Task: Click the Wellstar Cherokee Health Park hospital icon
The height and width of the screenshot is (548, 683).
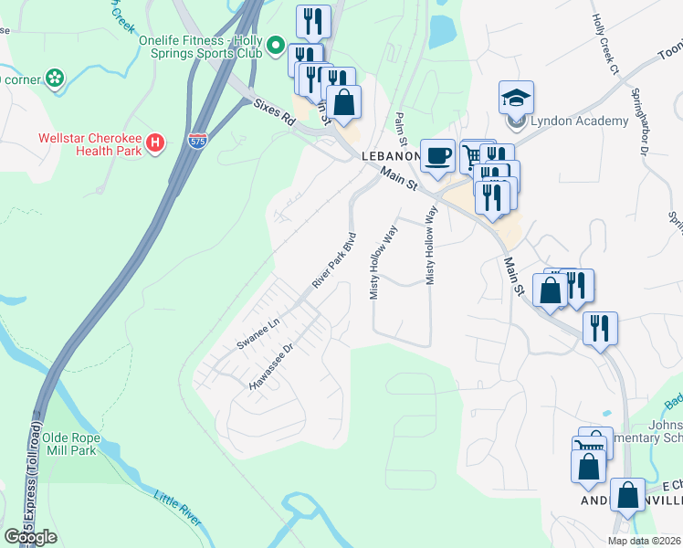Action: (155, 143)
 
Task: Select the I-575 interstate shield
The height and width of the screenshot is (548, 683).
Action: (197, 140)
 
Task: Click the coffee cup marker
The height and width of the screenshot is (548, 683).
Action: (437, 154)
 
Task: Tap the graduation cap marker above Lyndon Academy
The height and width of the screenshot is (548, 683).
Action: (516, 97)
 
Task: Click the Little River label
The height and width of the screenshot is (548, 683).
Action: (177, 508)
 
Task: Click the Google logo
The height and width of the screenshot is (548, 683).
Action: (30, 536)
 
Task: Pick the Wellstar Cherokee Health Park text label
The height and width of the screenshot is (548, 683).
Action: (89, 144)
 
